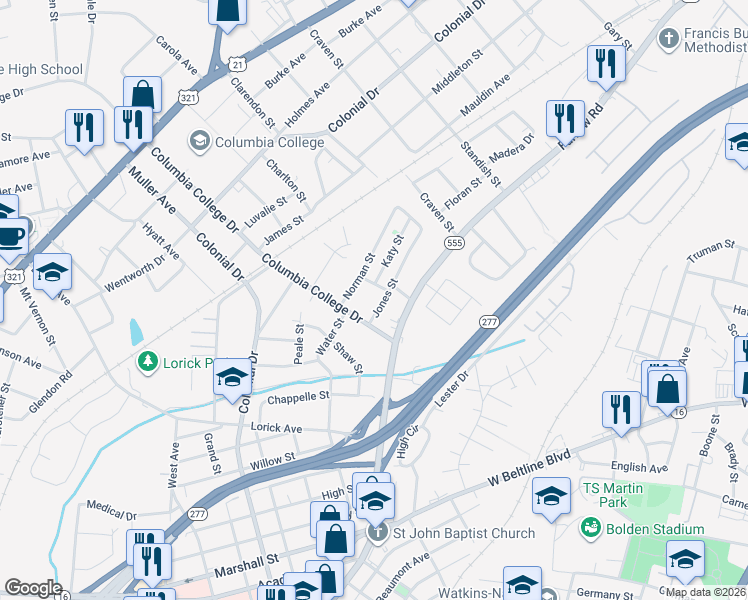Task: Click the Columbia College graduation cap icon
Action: click(199, 142)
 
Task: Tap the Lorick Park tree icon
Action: click(148, 361)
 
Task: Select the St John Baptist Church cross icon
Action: click(377, 533)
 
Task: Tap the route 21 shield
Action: click(235, 62)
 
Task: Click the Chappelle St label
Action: click(298, 396)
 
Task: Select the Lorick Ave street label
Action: click(276, 428)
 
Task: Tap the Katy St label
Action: click(391, 251)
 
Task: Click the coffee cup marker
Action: click(11, 237)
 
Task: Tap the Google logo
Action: click(33, 588)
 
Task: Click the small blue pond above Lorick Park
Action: click(136, 331)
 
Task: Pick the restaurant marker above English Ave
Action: click(621, 409)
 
